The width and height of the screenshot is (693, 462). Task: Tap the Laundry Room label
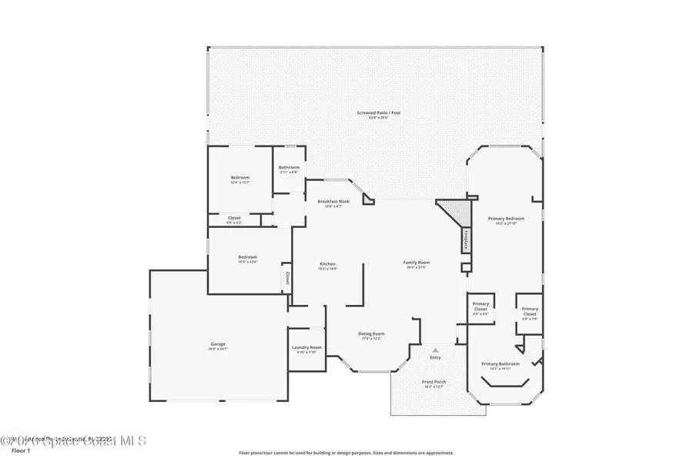click(306, 347)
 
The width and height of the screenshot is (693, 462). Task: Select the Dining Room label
click(371, 333)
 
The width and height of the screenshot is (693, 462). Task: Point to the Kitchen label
click(328, 264)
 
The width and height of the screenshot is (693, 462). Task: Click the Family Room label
click(417, 263)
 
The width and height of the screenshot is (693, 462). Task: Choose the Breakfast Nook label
click(333, 202)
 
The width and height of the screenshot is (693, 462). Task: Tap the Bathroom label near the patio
click(289, 167)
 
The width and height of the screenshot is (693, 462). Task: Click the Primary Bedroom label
click(506, 219)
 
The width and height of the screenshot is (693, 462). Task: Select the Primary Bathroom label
click(500, 363)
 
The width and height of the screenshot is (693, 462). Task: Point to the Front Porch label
click(434, 382)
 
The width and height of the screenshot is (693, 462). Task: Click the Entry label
click(436, 357)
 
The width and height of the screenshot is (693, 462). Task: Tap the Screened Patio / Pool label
click(378, 113)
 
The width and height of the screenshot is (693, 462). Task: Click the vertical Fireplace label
click(466, 239)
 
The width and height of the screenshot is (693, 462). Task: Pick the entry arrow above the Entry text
click(436, 349)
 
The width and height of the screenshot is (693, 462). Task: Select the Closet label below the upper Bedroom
click(234, 218)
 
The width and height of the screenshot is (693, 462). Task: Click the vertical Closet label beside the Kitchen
click(288, 277)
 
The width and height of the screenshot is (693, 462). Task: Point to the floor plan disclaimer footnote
click(346, 453)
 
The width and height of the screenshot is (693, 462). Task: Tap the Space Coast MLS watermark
click(73, 440)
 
